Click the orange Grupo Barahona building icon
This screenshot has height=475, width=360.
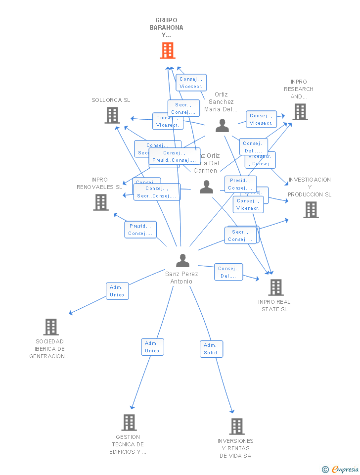pos(168,50)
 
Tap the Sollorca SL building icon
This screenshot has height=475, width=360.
pos(112,115)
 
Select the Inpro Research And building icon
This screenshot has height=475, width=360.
pos(300,112)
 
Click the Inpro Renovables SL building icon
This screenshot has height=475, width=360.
pos(101,202)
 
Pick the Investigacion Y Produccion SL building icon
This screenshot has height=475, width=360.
pos(311,210)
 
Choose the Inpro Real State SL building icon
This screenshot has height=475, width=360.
pos(275,287)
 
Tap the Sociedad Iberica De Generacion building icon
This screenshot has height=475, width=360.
pos(51,327)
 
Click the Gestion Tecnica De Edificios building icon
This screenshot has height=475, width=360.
pos(129,422)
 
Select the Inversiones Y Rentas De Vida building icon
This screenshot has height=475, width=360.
pos(236,426)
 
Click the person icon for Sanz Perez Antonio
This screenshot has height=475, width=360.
pos(182,260)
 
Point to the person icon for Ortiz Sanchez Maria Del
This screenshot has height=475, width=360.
pos(222,126)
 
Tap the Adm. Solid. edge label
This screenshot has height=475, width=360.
pos(211,349)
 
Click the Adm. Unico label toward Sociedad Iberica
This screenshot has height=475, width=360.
pos(117,291)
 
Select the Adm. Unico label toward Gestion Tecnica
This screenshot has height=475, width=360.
pos(152,347)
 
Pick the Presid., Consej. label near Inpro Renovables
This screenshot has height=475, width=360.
pos(140,230)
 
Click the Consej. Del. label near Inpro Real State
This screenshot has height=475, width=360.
pos(228,272)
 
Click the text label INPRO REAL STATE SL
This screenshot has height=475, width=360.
pos(274,305)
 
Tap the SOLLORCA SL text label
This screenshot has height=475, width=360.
pos(111,100)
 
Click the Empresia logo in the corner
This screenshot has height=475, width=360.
pos(341,469)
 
